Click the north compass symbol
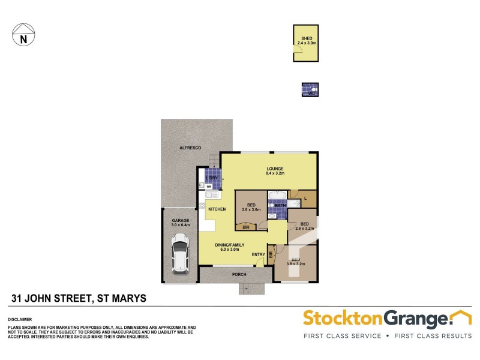pyautogui.click(x=23, y=35)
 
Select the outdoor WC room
pyautogui.click(x=310, y=90)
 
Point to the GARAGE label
pyautogui.click(x=181, y=220)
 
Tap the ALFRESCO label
pyautogui.click(x=190, y=148)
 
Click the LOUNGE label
pyautogui.click(x=275, y=169)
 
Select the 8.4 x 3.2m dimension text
pyautogui.click(x=275, y=173)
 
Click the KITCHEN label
pyautogui.click(x=217, y=209)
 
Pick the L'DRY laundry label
pyautogui.click(x=211, y=178)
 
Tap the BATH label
pyautogui.click(x=280, y=205)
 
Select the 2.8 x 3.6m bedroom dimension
pyautogui.click(x=251, y=210)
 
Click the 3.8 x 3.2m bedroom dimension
pyautogui.click(x=296, y=263)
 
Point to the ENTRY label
pyautogui.click(x=259, y=255)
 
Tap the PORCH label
pyautogui.click(x=239, y=274)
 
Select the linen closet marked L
pyautogui.click(x=307, y=198)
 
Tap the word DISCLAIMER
pyautogui.click(x=19, y=319)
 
